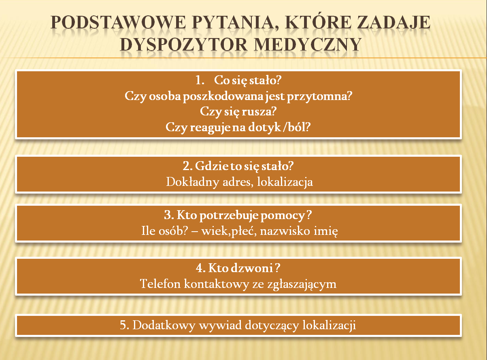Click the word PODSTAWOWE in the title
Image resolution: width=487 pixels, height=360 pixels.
(x=118, y=23)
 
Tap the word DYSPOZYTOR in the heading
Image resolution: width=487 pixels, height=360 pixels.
(x=183, y=45)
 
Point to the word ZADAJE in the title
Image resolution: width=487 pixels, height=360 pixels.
(x=393, y=23)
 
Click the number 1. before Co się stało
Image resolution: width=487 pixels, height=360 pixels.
(x=200, y=80)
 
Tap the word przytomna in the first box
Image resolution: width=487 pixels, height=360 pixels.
(x=319, y=97)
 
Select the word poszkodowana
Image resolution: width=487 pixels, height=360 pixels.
(x=223, y=97)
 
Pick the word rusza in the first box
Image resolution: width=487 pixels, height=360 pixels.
(x=259, y=112)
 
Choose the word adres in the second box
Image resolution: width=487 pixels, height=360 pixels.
(x=238, y=182)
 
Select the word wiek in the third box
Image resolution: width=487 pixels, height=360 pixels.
(x=215, y=231)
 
